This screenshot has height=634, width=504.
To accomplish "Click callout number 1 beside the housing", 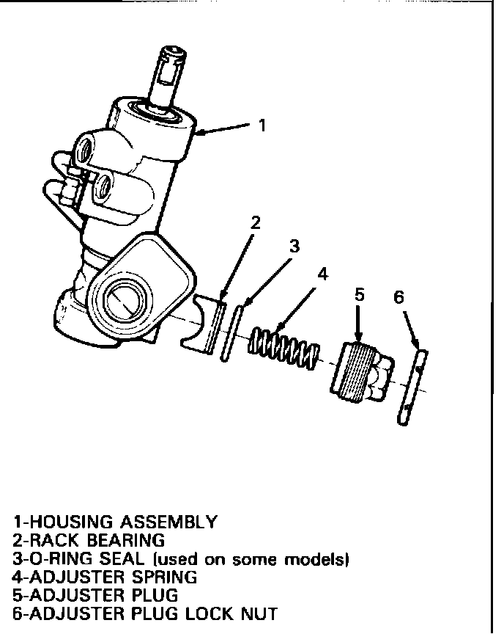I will coord(262,125).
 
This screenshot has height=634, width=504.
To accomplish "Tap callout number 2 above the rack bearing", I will coord(255,222).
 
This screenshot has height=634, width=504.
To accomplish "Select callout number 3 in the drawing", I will coord(294,246).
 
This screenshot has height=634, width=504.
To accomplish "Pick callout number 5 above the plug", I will coord(359,295).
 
